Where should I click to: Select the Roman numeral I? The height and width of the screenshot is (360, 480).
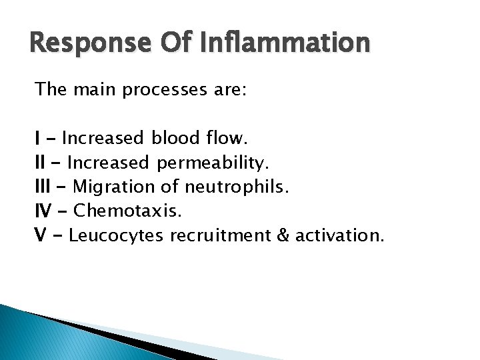[x=37, y=139]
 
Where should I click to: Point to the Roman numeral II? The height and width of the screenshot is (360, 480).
[x=40, y=163]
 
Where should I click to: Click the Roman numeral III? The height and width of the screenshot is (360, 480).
[x=43, y=187]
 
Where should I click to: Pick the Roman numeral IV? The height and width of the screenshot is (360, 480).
[x=43, y=211]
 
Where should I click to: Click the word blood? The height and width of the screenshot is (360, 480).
[x=173, y=139]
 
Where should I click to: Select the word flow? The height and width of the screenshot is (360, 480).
[x=226, y=139]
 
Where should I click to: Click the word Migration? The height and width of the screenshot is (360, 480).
[x=115, y=187]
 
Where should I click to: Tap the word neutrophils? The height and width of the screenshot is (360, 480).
[x=237, y=187]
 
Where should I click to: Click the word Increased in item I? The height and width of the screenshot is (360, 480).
[x=103, y=139]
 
